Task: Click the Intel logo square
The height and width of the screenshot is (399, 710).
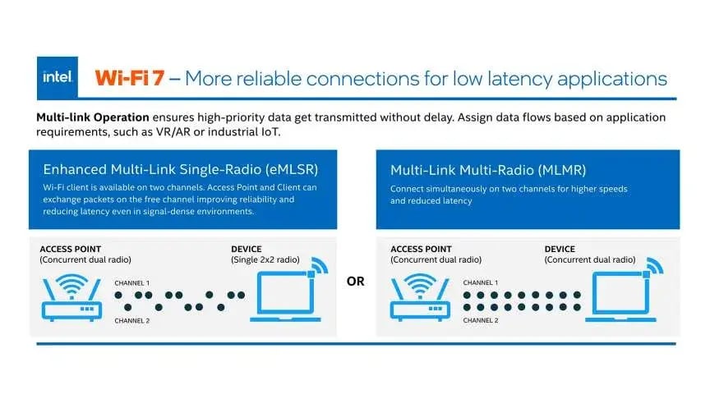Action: [58, 77]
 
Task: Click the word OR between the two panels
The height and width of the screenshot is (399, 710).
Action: [355, 281]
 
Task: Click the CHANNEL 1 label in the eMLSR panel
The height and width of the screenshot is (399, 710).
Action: [131, 282]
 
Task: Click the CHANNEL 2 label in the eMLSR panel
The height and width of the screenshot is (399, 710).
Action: [131, 320]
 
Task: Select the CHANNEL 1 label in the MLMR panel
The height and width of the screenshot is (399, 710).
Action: [481, 282]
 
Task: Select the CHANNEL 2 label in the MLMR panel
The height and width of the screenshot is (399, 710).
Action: [481, 320]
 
